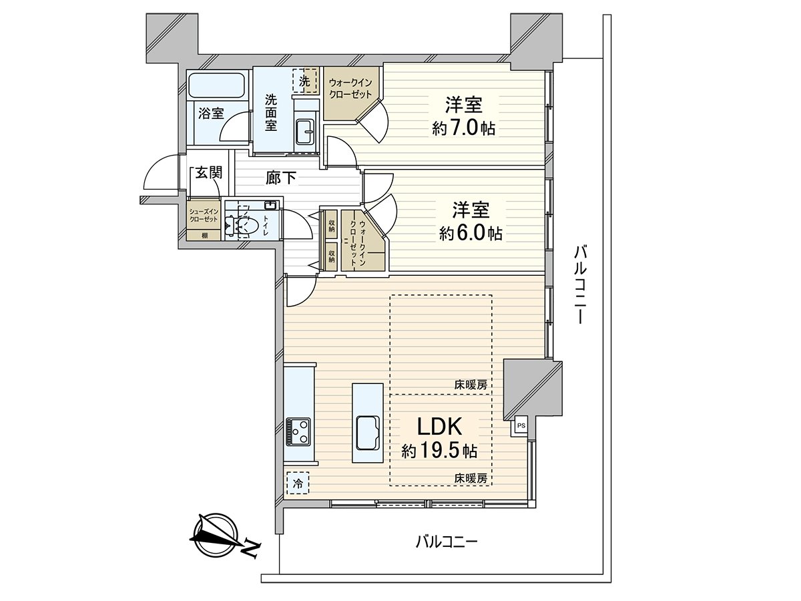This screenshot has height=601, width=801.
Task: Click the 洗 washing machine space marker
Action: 304,81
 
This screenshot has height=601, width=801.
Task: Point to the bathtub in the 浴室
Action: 217,86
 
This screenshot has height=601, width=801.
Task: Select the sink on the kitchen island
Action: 368,433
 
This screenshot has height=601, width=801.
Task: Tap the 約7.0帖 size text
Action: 463,128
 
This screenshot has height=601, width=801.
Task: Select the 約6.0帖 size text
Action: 471,233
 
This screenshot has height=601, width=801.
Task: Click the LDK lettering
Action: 439,427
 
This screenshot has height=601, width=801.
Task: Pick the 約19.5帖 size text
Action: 439,451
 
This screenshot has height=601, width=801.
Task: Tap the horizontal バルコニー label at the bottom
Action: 446,542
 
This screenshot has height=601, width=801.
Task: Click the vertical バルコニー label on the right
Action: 581,284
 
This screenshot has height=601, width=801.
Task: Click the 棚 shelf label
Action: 204,235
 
